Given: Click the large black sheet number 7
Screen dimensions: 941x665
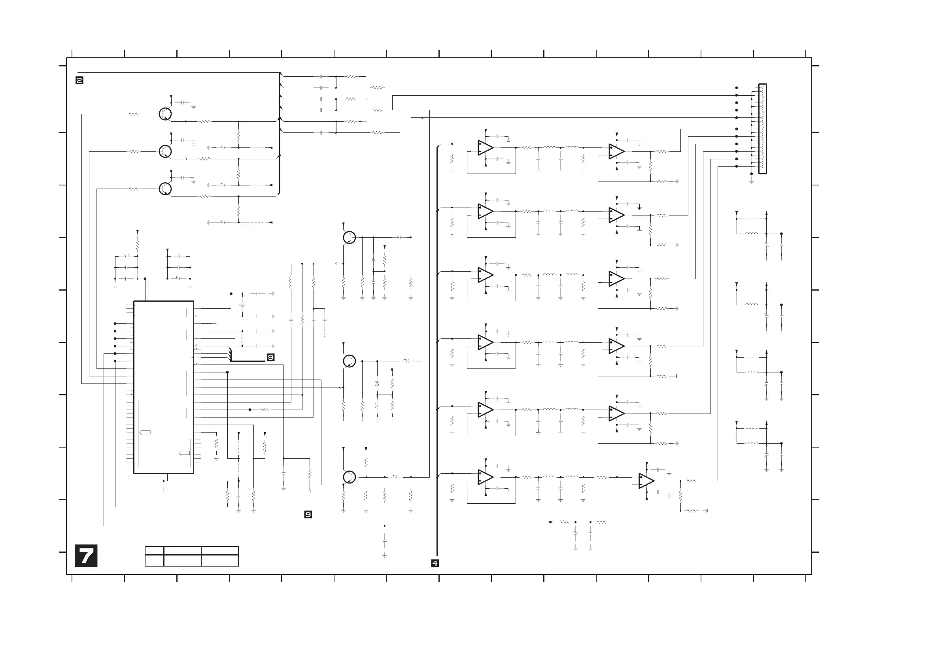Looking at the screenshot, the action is (86, 555).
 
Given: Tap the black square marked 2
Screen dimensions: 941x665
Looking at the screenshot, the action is (79, 80).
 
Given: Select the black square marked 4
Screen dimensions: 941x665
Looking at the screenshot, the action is (435, 563).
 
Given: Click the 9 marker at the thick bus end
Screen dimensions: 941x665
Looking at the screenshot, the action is (270, 357).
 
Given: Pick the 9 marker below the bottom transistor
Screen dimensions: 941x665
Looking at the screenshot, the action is (308, 515).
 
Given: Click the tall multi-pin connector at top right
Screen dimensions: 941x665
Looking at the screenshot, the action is (762, 129).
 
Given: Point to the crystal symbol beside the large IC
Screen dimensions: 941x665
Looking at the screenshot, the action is (242, 305).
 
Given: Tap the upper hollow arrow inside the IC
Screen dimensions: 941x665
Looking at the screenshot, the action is (145, 432).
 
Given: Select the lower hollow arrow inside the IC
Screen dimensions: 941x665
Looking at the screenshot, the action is (184, 453).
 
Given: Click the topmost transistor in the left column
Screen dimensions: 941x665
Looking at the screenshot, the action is (165, 114).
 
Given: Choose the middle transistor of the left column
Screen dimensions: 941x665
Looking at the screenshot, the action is (165, 151).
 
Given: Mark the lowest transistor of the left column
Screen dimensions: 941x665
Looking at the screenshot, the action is (165, 189).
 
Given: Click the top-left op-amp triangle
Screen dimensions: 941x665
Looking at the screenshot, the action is (485, 147).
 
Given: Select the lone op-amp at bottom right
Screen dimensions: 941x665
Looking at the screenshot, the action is (646, 481).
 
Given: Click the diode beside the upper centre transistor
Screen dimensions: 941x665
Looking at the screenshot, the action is (373, 260).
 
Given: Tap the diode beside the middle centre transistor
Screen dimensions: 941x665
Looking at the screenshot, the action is (377, 384).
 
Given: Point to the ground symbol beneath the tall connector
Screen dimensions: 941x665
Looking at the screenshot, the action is (751, 181).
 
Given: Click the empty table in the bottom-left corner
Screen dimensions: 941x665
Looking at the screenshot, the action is (192, 556).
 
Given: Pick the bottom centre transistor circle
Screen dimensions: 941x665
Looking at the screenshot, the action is (349, 477).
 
